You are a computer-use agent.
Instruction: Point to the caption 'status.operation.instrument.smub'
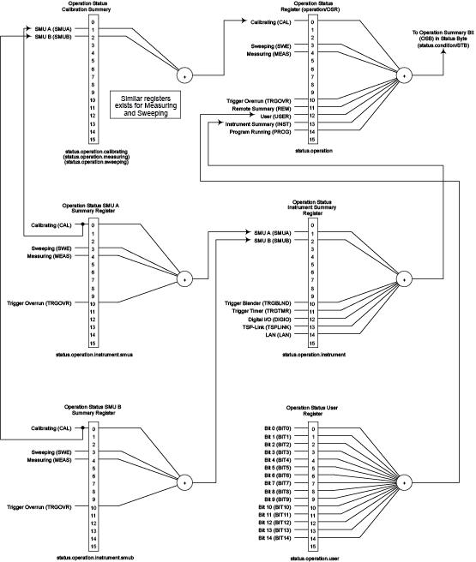pos(93,558)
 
